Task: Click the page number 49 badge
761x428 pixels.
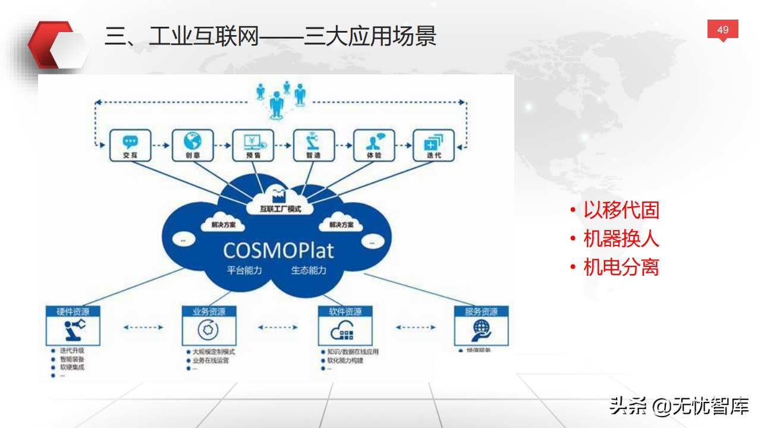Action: point(722,30)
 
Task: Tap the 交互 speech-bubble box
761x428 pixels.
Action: point(130,145)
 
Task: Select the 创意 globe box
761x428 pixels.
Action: point(192,145)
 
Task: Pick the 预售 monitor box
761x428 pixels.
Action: point(253,145)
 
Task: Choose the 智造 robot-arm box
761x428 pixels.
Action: point(313,145)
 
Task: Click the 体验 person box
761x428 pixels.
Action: point(374,145)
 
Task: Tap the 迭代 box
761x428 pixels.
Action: point(433,145)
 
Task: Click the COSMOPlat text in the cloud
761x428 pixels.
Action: point(278,250)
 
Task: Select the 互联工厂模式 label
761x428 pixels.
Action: point(281,209)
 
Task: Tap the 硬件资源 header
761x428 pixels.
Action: point(73,311)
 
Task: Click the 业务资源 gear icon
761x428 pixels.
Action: point(209,330)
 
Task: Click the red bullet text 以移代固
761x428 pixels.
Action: point(621,210)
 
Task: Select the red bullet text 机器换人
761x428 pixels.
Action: point(621,238)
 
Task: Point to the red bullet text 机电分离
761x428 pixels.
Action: point(621,267)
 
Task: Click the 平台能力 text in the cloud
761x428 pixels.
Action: point(244,270)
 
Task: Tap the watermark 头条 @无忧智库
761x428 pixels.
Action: point(678,406)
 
